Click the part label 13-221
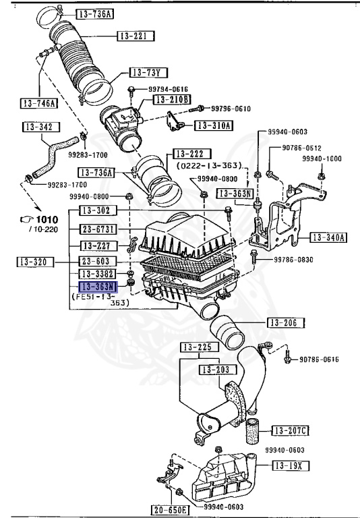pyautogui.click(x=136, y=35)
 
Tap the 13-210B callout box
pyautogui.click(x=173, y=99)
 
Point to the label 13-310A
pyautogui.click(x=214, y=125)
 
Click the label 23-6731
pyautogui.click(x=99, y=229)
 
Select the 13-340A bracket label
pyautogui.click(x=328, y=237)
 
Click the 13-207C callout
pyautogui.click(x=291, y=430)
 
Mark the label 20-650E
pyautogui.click(x=169, y=510)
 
